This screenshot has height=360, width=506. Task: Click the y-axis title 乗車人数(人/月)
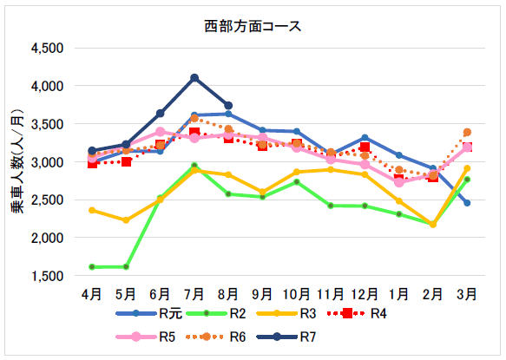click(18, 162)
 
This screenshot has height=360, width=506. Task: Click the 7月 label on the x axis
click(194, 295)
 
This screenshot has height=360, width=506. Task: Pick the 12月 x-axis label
click(365, 295)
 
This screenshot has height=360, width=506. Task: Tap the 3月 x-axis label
click(466, 295)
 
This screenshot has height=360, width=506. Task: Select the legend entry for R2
click(220, 313)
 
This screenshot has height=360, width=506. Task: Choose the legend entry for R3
click(295, 313)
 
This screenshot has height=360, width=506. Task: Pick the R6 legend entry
click(220, 337)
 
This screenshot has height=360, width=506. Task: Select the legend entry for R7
click(295, 337)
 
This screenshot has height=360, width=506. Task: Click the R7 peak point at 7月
click(194, 78)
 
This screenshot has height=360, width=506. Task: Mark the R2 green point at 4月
click(93, 266)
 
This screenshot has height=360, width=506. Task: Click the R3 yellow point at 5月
click(127, 220)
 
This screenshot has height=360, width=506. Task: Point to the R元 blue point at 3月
click(466, 203)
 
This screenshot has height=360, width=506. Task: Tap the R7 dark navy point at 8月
click(228, 106)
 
